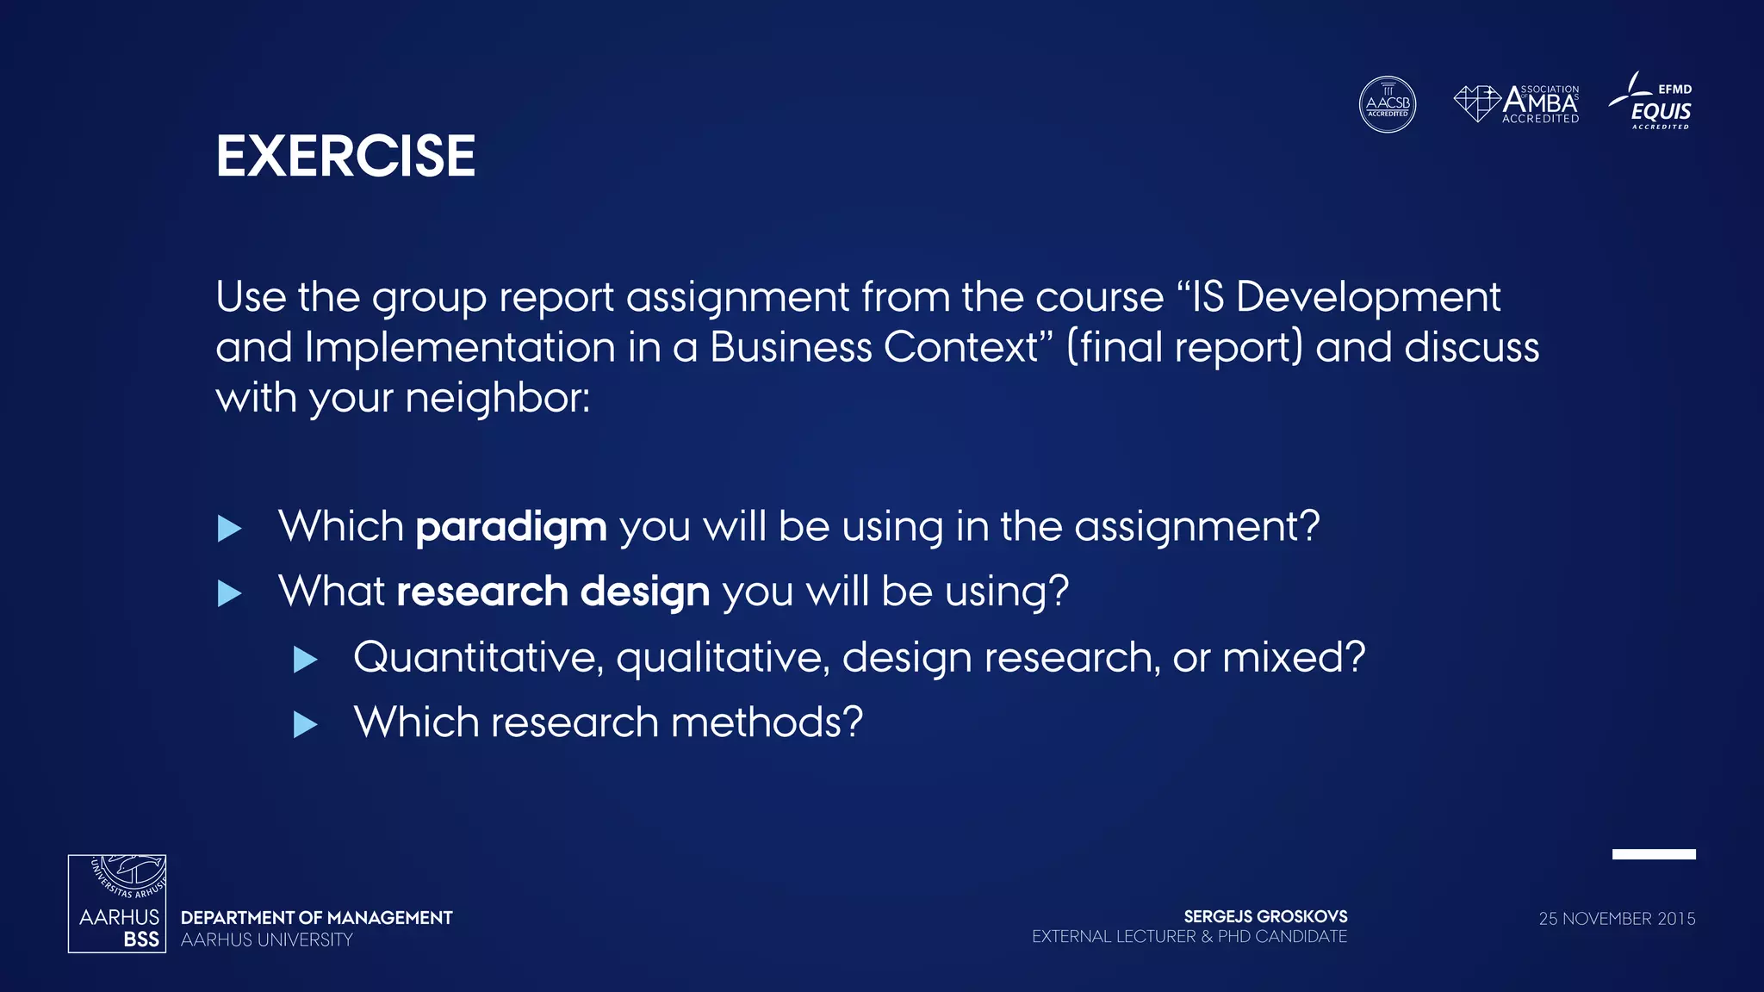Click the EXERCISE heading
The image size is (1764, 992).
tap(345, 157)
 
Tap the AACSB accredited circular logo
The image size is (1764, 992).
tap(1387, 104)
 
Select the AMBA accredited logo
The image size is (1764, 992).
tap(1517, 104)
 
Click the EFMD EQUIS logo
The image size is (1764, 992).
tap(1651, 102)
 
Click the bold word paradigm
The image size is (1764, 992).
tap(511, 527)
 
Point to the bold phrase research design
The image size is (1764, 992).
tap(553, 592)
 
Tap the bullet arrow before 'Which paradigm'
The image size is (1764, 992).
tap(229, 528)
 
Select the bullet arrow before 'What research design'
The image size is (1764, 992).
tap(229, 593)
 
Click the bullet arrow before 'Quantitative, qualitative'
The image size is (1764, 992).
tap(305, 660)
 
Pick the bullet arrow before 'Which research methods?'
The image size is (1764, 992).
tap(305, 724)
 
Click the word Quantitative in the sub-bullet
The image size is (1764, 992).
tap(474, 658)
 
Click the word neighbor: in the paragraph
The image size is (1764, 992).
tap(497, 399)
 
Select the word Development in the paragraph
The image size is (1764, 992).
tap(1368, 298)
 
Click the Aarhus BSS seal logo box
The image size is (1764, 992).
tap(117, 903)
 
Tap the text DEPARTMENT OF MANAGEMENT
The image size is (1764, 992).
tap(316, 918)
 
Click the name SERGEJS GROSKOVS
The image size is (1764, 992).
tap(1265, 916)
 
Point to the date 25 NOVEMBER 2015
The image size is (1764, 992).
tap(1617, 919)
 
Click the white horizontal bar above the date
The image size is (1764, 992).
tap(1654, 854)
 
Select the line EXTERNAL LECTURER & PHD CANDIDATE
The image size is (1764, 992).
tap(1189, 937)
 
